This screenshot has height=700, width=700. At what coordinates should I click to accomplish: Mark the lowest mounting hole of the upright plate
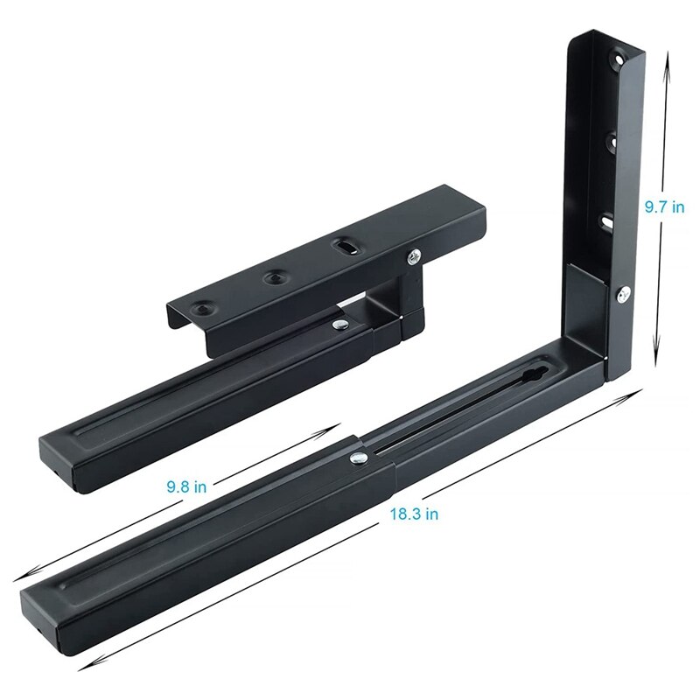click(x=605, y=223)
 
